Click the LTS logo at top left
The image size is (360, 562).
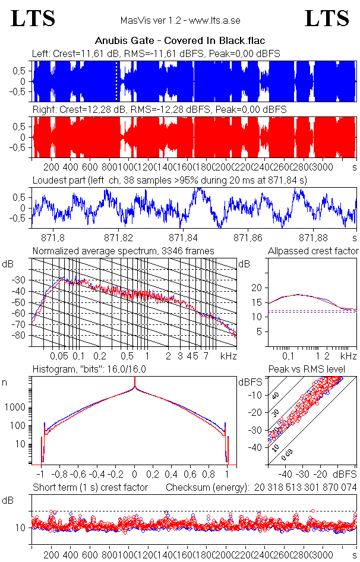click(x=33, y=18)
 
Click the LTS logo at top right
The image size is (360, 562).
click(x=327, y=18)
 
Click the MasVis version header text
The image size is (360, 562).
click(x=180, y=21)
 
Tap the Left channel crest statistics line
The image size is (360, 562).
click(x=156, y=54)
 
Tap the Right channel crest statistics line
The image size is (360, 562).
click(x=159, y=110)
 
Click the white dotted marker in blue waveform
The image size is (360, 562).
click(x=116, y=81)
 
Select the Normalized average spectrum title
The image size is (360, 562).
click(x=123, y=251)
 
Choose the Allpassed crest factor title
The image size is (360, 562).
click(x=313, y=251)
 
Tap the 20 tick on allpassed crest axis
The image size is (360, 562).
click(x=257, y=288)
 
